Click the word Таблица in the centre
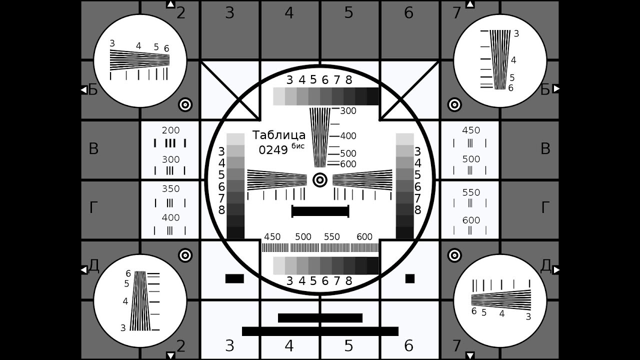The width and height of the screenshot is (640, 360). pyautogui.click(x=279, y=135)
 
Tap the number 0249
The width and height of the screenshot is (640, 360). pyautogui.click(x=273, y=150)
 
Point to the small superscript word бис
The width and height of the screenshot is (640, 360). pyautogui.click(x=298, y=146)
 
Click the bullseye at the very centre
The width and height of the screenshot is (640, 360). pyautogui.click(x=320, y=180)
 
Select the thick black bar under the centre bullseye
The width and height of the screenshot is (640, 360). pyautogui.click(x=320, y=211)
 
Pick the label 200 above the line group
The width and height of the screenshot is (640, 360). pyautogui.click(x=171, y=130)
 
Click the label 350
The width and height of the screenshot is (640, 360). pyautogui.click(x=171, y=189)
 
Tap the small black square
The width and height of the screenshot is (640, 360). pyautogui.click(x=410, y=278)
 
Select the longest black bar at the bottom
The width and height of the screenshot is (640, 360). pyautogui.click(x=320, y=331)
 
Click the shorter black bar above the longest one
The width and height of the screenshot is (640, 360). pyautogui.click(x=320, y=318)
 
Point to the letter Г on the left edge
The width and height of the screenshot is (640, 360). pyautogui.click(x=93, y=207)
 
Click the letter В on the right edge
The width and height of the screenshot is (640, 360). pyautogui.click(x=545, y=149)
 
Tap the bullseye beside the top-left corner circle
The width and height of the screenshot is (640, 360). pyautogui.click(x=185, y=105)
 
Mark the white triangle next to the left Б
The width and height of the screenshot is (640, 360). pyautogui.click(x=83, y=90)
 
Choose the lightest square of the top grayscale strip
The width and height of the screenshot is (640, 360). pyautogui.click(x=279, y=96)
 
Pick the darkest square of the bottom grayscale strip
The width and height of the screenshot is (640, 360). pyautogui.click(x=372, y=265)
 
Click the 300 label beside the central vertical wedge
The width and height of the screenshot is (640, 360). pyautogui.click(x=348, y=111)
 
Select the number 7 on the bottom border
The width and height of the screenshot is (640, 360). pyautogui.click(x=456, y=345)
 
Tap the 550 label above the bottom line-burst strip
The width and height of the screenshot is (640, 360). pyautogui.click(x=331, y=237)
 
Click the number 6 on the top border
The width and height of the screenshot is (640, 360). pyautogui.click(x=409, y=13)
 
